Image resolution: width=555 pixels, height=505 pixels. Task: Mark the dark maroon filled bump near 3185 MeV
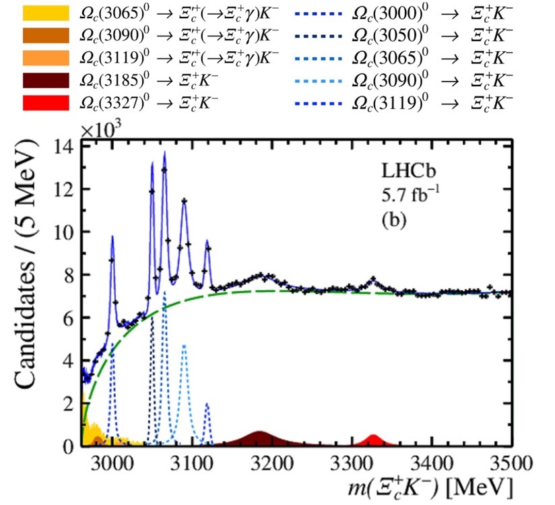(259, 438)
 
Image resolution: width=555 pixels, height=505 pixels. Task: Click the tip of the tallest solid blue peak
(164, 152)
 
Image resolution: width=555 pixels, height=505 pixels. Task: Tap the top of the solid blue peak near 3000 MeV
(112, 236)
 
